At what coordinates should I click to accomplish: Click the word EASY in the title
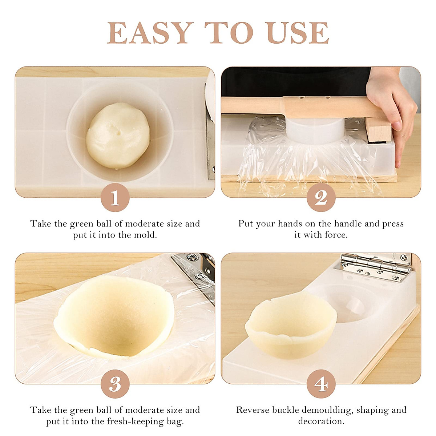(150, 33)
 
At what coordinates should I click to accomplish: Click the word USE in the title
(298, 33)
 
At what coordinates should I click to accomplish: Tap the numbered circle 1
(115, 198)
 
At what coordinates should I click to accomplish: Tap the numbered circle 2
(321, 198)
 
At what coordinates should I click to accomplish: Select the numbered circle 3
(115, 384)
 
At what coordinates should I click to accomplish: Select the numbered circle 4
(321, 384)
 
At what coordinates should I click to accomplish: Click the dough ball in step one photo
(118, 135)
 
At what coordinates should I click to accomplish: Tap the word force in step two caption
(336, 235)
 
